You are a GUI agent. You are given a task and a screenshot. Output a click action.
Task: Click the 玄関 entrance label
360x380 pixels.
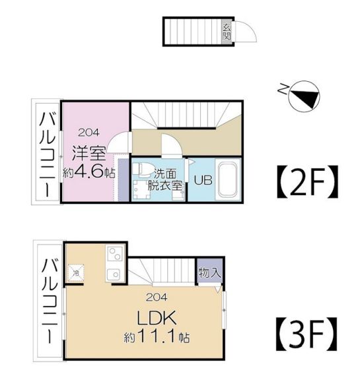click(x=227, y=32)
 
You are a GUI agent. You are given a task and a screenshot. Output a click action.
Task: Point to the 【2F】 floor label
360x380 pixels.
click(x=307, y=181)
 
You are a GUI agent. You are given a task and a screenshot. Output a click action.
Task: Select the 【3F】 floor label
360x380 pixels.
click(x=307, y=334)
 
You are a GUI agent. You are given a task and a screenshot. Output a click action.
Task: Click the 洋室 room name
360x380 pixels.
click(x=89, y=153)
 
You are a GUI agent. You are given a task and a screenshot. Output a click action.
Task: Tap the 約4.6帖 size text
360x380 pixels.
click(x=89, y=172)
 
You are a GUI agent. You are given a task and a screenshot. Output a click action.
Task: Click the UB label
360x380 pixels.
click(x=203, y=180)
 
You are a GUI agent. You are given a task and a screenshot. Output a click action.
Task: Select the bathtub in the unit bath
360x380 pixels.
click(x=227, y=180)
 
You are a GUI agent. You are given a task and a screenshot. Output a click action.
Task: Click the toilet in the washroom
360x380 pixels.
click(x=143, y=169)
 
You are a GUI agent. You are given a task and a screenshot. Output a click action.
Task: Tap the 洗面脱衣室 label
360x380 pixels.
click(x=165, y=179)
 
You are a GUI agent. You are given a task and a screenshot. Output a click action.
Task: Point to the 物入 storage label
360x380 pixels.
click(x=209, y=272)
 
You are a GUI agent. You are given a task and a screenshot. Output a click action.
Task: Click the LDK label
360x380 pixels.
click(x=157, y=318)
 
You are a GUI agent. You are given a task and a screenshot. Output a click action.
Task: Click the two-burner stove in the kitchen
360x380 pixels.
click(x=115, y=253)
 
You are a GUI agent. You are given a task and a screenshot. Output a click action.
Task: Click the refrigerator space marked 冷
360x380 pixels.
click(x=76, y=273)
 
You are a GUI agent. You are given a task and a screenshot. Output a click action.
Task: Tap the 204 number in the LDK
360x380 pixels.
click(x=157, y=297)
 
